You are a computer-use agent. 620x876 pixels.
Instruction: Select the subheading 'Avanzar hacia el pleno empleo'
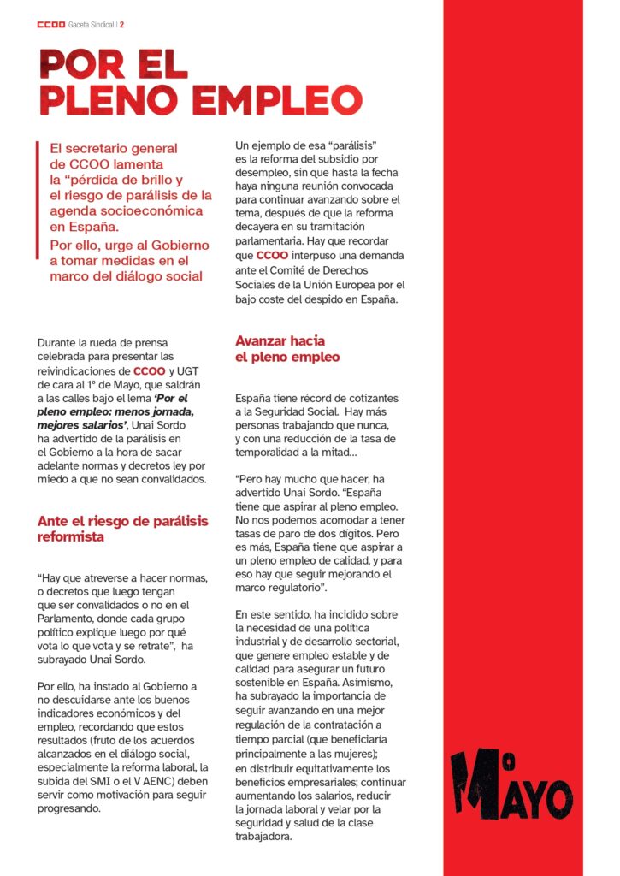click(287, 349)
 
